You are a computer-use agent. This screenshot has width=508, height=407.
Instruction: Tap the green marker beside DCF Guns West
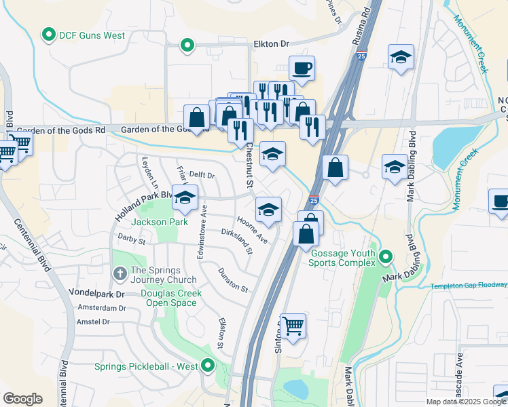coord(49,35)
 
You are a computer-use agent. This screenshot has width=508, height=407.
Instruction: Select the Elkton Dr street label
coord(271,43)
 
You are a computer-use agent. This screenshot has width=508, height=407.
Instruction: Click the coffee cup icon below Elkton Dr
coord(302,68)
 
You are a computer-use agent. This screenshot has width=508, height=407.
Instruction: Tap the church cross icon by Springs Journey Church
coord(120,273)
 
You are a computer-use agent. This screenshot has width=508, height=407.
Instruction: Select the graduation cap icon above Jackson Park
coord(184,197)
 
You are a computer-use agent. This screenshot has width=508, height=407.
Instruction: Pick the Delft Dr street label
coord(202,175)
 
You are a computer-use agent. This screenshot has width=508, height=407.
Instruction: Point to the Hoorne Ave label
coord(252,230)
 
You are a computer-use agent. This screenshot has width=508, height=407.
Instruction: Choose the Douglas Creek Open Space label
coord(168,298)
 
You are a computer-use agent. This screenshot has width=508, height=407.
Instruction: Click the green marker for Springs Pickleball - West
coord(208,367)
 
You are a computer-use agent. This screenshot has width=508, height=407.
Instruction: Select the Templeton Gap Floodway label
coord(469,286)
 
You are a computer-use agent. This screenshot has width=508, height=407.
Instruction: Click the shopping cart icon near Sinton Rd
coord(293,326)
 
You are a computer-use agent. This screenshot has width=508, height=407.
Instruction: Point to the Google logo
coord(23,399)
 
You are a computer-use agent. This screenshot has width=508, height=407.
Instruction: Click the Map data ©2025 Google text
coord(466,402)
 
